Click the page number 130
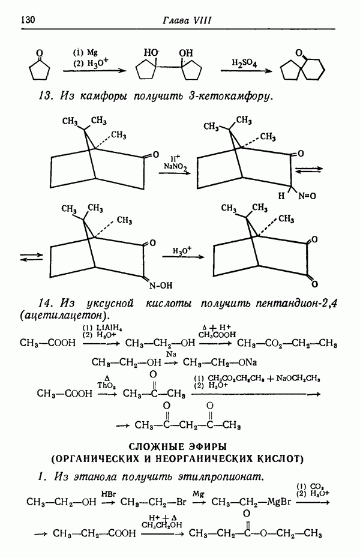tap(29, 20)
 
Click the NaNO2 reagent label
tap(175, 164)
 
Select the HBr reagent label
tap(108, 493)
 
